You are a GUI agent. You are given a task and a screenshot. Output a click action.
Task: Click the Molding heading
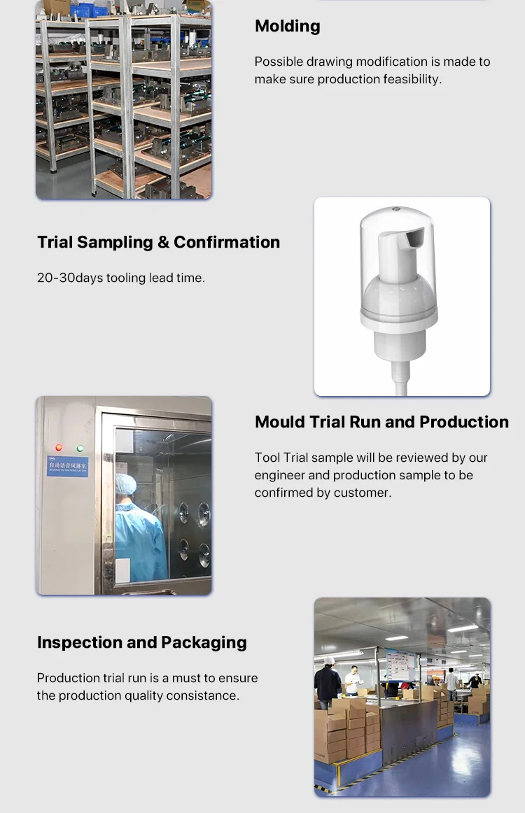(x=287, y=27)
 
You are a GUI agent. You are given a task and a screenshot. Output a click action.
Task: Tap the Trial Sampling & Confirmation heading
(x=158, y=243)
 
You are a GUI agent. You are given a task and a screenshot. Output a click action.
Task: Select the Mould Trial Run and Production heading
(x=381, y=423)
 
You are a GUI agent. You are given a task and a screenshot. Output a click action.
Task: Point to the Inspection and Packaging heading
(x=141, y=643)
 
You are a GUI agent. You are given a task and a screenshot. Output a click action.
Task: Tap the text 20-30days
(x=69, y=278)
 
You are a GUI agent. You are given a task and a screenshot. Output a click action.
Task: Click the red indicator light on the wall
(x=59, y=448)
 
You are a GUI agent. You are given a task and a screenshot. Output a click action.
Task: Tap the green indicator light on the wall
(x=80, y=448)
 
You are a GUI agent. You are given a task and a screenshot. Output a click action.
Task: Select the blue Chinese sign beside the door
(x=67, y=466)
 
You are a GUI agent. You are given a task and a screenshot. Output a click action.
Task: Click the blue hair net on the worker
(x=126, y=484)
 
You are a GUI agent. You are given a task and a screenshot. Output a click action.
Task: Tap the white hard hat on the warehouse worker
(x=328, y=660)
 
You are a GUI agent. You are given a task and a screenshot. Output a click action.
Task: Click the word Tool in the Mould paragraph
(x=267, y=458)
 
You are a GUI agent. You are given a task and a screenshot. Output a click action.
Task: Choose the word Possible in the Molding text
(x=278, y=62)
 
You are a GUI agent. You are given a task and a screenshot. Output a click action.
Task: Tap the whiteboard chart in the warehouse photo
(x=400, y=665)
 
